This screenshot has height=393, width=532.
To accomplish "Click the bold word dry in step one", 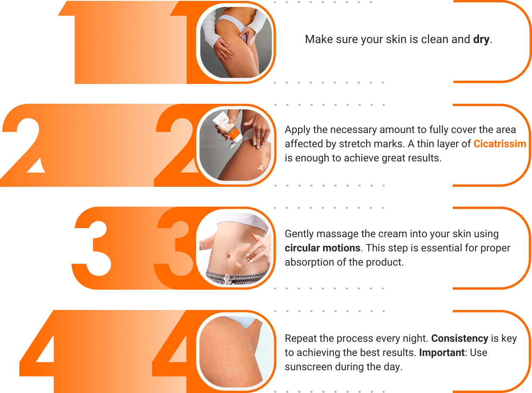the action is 481,40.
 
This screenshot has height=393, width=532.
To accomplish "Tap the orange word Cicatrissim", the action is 500,144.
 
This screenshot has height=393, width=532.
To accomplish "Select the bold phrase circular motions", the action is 322,248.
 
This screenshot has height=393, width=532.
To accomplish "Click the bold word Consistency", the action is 460,338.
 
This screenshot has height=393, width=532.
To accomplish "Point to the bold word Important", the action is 442,353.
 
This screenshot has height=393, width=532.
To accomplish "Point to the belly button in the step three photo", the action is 229,256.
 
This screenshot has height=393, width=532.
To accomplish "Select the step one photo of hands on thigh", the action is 236,42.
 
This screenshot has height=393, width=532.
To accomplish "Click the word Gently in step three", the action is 299,234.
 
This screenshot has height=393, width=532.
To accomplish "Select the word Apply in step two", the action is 297,130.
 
